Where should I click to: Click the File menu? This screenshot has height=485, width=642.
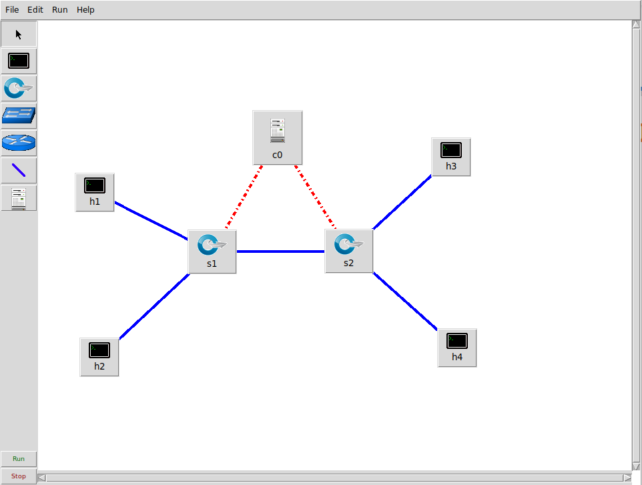(x=12, y=10)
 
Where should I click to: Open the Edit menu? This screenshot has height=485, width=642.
(x=35, y=10)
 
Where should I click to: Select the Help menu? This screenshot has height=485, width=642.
(x=85, y=10)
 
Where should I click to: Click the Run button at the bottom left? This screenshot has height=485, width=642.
(x=19, y=459)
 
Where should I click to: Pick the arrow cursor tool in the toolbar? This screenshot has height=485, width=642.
(x=19, y=34)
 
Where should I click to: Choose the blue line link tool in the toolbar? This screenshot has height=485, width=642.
(x=19, y=171)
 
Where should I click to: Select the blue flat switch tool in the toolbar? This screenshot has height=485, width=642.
(x=19, y=116)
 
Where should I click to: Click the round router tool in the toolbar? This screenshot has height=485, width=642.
(x=19, y=143)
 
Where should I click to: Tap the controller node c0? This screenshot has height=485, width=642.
(x=278, y=137)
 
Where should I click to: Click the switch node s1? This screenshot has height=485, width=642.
(x=212, y=251)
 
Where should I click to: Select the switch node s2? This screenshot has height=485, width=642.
(x=348, y=251)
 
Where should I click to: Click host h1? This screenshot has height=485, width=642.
(x=95, y=192)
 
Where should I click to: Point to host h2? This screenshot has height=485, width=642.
(x=99, y=356)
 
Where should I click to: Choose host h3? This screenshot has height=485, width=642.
(x=451, y=157)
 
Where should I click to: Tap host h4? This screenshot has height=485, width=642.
(x=457, y=347)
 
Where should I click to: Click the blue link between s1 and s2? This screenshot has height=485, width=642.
(x=280, y=252)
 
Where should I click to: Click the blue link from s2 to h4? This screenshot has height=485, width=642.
(x=405, y=301)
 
